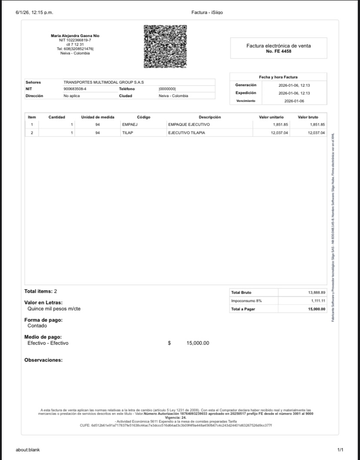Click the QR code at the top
[x=165, y=46]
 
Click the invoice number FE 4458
[x=279, y=51]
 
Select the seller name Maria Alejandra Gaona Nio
[x=75, y=36]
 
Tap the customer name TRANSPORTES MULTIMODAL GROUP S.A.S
[x=104, y=82]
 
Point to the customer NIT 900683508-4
[x=75, y=89]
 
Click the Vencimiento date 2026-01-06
[x=294, y=101]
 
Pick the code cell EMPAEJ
[x=130, y=124]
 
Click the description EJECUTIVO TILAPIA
[x=186, y=133]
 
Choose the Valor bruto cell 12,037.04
[x=316, y=133]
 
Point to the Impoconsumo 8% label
[x=246, y=301]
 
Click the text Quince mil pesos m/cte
[x=54, y=309]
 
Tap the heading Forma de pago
[x=44, y=320]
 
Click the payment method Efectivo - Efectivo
[x=48, y=343]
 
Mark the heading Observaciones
[x=44, y=360]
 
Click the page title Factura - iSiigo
[x=207, y=12]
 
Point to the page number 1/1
[x=340, y=450]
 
